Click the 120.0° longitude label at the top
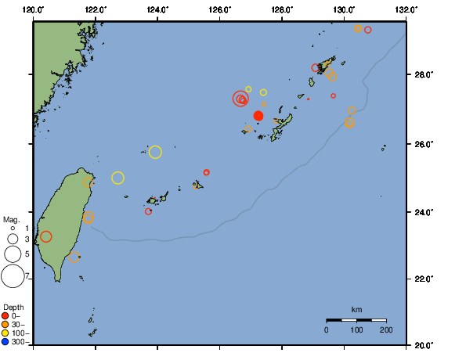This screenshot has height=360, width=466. point(33,9)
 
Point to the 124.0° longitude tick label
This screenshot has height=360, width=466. point(157,9)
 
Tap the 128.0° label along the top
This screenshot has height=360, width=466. point(282,9)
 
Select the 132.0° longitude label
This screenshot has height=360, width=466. point(406,9)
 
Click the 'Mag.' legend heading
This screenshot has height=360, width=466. point(11,220)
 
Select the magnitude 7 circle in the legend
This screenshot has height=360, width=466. point(13,276)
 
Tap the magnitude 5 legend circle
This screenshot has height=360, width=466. point(13,254)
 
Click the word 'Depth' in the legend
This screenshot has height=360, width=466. point(13,306)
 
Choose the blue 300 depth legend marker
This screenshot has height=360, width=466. point(5,342)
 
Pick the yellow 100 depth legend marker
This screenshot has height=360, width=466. point(5,333)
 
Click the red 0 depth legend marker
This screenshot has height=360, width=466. point(5,316)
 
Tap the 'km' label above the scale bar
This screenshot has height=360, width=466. point(356,310)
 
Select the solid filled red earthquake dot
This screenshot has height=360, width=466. point(258,116)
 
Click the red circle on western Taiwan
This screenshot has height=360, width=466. point(46,236)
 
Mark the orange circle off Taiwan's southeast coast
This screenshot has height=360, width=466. point(74,257)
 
